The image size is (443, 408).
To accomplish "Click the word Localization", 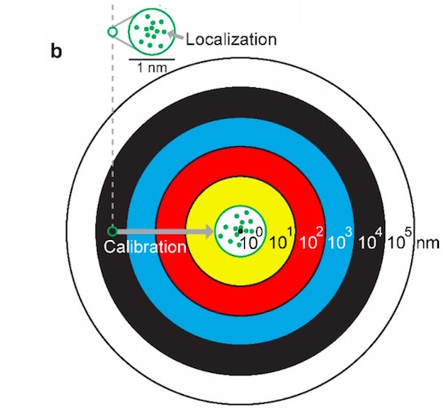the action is pos(231,39).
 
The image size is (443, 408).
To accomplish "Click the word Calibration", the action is pos(145,247).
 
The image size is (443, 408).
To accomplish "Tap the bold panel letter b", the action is pos(56,51).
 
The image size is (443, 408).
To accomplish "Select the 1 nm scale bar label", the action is pos(152,68).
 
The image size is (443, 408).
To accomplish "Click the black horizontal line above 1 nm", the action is pos(152,60).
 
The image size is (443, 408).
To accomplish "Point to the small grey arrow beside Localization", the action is pos(175,35).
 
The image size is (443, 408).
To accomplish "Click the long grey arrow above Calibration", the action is pos(165,232).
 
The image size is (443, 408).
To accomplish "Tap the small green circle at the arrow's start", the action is pos(112,232).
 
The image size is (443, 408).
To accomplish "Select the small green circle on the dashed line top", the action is pos(112,32).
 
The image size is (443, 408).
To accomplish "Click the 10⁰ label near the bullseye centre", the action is pos(252,240).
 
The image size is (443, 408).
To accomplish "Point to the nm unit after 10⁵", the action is pos(427,244).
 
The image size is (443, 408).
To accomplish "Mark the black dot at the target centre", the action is pos(241,231).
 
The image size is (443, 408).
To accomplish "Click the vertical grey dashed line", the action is pos(113,113).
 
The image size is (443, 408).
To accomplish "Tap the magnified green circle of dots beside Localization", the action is pos(152,31).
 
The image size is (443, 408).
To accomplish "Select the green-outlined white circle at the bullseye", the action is pos(240,232).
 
